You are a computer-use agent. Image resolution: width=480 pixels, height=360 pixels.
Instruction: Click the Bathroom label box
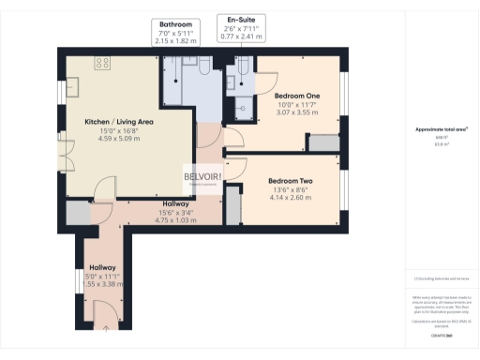(175, 31)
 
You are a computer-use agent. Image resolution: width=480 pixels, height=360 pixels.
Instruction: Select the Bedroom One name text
(297, 97)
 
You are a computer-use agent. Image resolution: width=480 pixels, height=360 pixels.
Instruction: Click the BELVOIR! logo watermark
(202, 177)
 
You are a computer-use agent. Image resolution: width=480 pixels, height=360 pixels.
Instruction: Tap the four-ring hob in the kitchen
(102, 63)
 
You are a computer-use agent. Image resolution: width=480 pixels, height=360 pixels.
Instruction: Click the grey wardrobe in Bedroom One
(324, 142)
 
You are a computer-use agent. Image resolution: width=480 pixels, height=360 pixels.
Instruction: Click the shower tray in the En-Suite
(245, 107)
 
